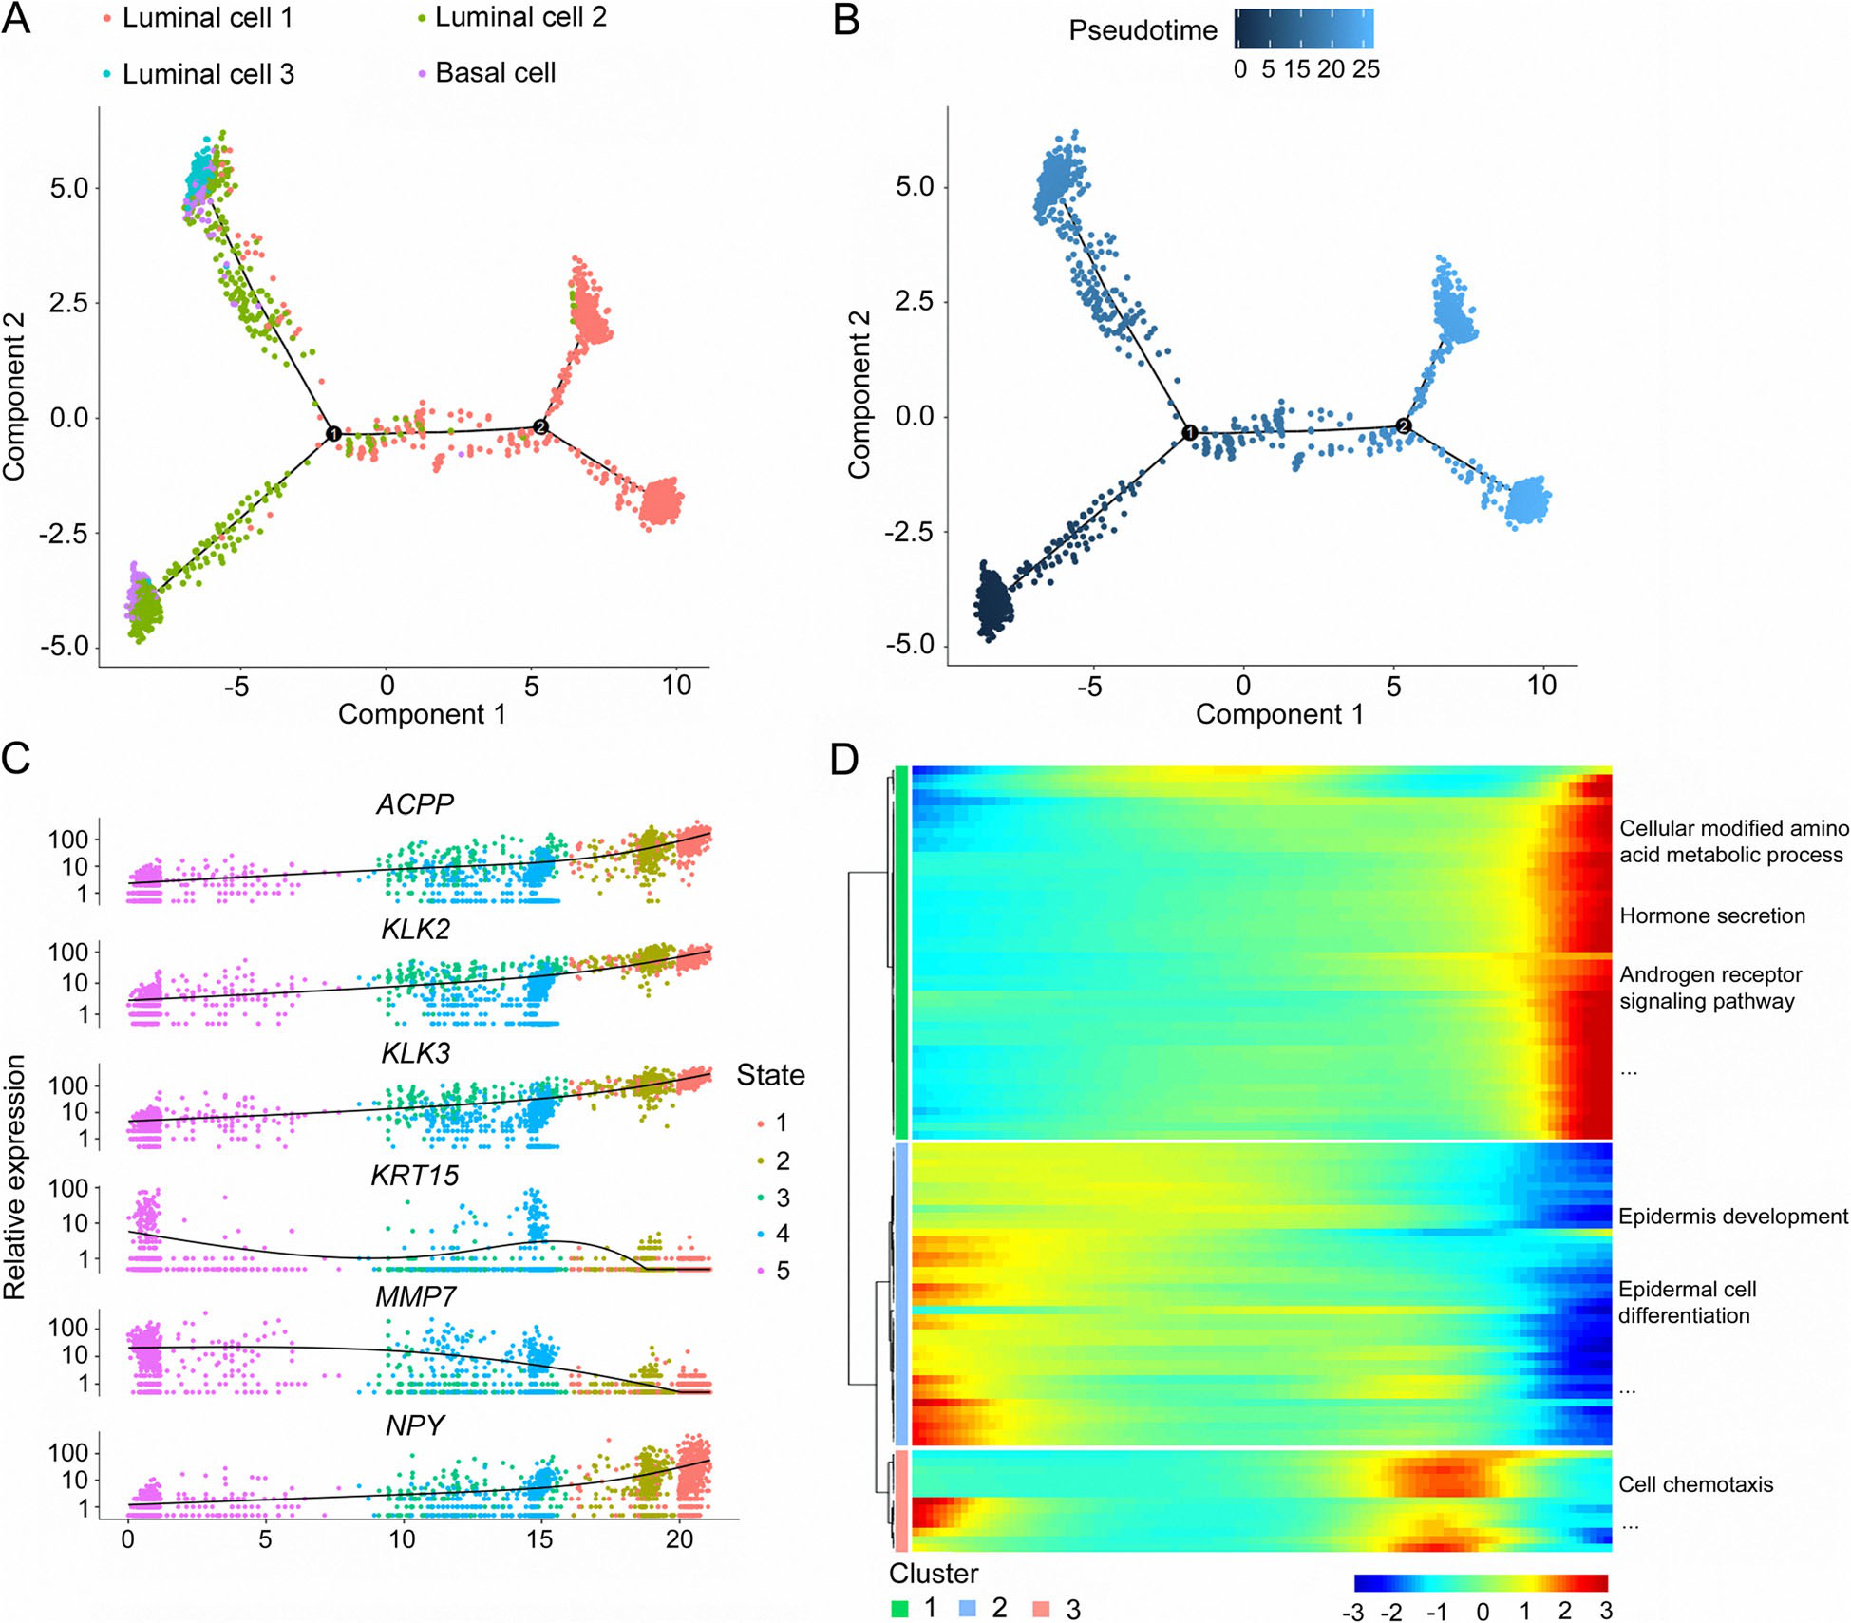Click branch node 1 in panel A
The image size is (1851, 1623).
point(333,434)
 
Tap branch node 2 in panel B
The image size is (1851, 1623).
point(1404,426)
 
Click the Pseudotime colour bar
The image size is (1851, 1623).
point(1303,28)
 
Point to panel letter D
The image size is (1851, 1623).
point(844,760)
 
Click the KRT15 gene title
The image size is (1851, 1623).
point(415,1176)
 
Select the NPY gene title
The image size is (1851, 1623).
point(415,1426)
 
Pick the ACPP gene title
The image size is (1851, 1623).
point(415,804)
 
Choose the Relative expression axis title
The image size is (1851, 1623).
point(14,1178)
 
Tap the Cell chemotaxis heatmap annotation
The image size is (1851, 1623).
point(1695,1484)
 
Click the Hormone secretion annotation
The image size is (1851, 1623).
point(1711,915)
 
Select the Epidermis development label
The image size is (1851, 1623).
point(1732,1217)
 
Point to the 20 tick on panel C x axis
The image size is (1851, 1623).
point(679,1539)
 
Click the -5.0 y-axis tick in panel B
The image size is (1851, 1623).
point(910,646)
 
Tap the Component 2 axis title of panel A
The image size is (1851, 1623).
point(14,397)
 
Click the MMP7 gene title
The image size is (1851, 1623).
point(415,1297)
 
